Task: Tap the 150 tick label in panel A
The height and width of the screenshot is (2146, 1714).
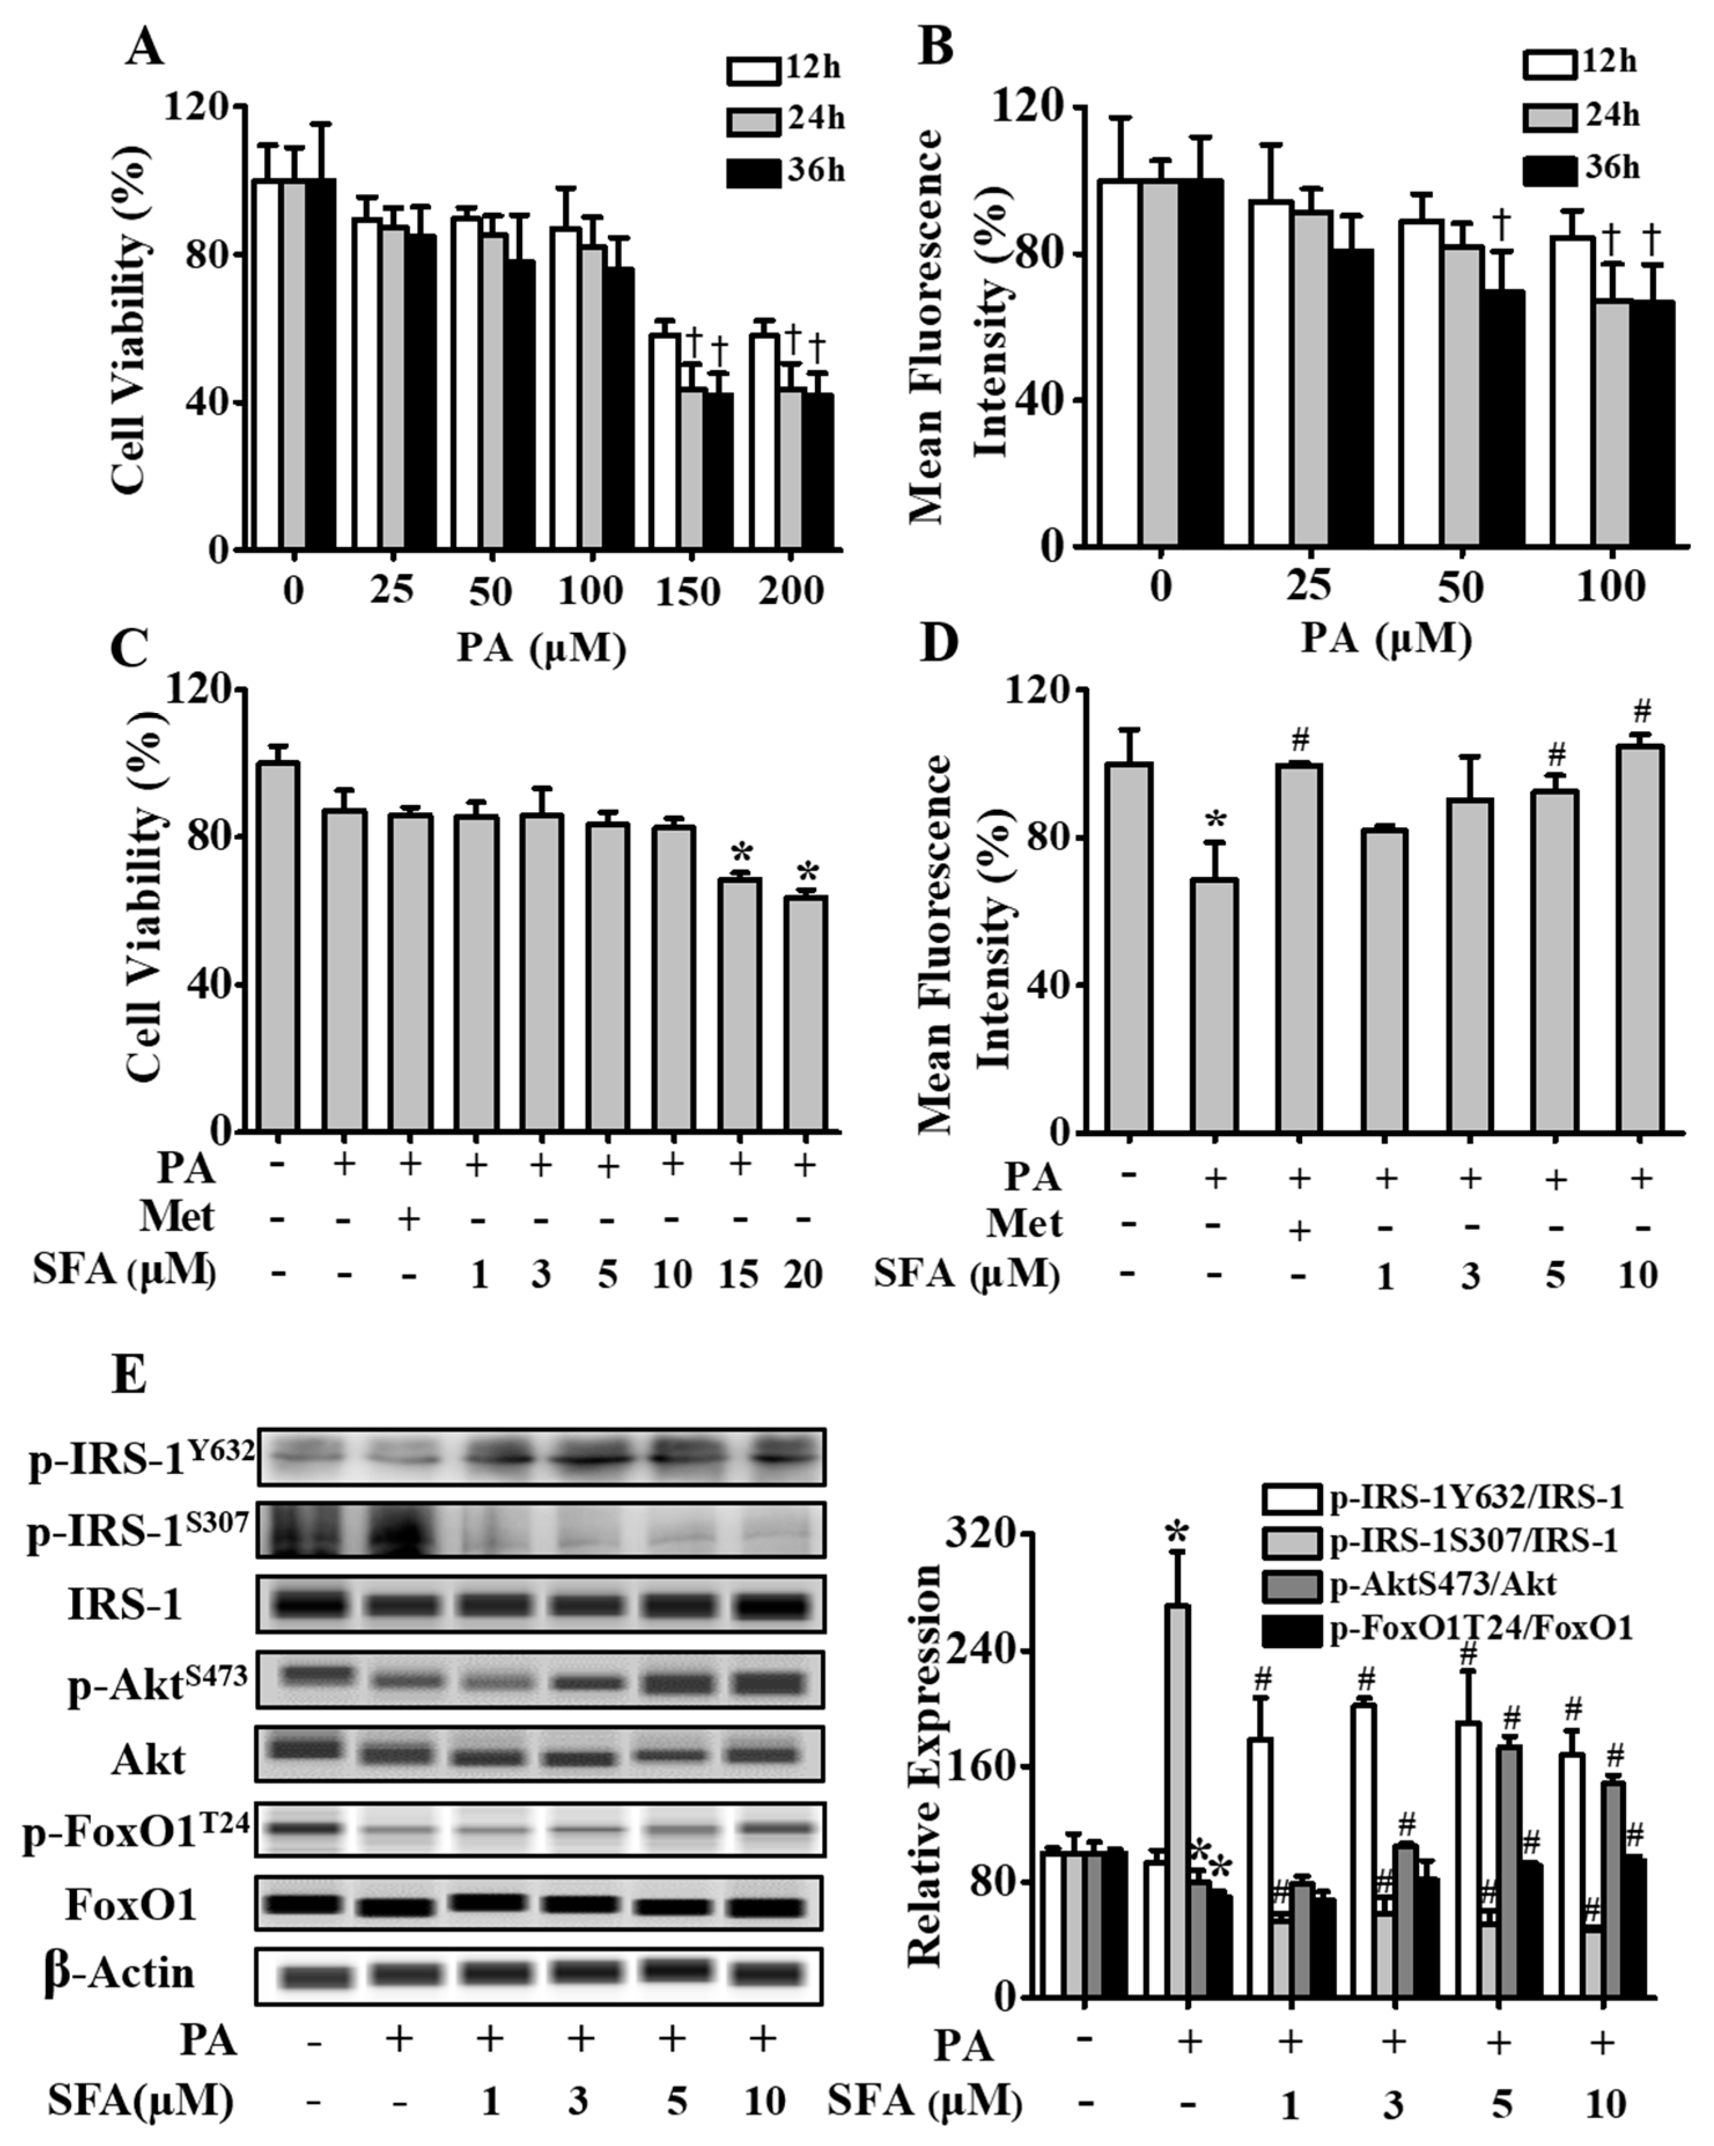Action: (x=687, y=592)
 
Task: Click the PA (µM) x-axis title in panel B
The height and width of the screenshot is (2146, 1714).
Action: (x=1387, y=640)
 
